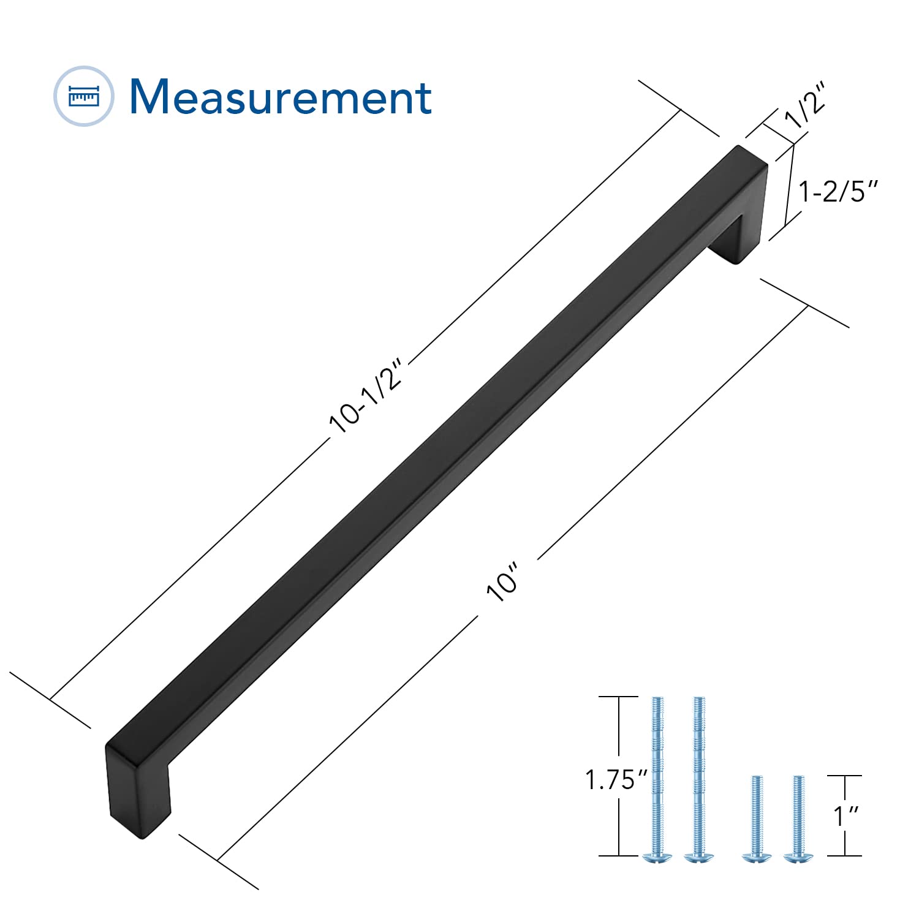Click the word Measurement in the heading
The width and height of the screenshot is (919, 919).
pos(281,97)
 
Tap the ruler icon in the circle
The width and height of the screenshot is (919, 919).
pos(84,96)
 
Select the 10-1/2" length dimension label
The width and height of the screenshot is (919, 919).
pos(366,396)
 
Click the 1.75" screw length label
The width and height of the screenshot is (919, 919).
pos(616,780)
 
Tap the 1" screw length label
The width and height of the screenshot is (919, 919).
pos(846,816)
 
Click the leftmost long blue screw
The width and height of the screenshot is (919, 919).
pos(657,778)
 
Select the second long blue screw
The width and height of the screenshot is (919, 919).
pos(698,778)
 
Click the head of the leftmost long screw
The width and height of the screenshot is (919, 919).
pos(657,858)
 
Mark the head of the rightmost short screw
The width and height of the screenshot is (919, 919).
pos(797,858)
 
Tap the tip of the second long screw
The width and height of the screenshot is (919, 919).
pos(698,700)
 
